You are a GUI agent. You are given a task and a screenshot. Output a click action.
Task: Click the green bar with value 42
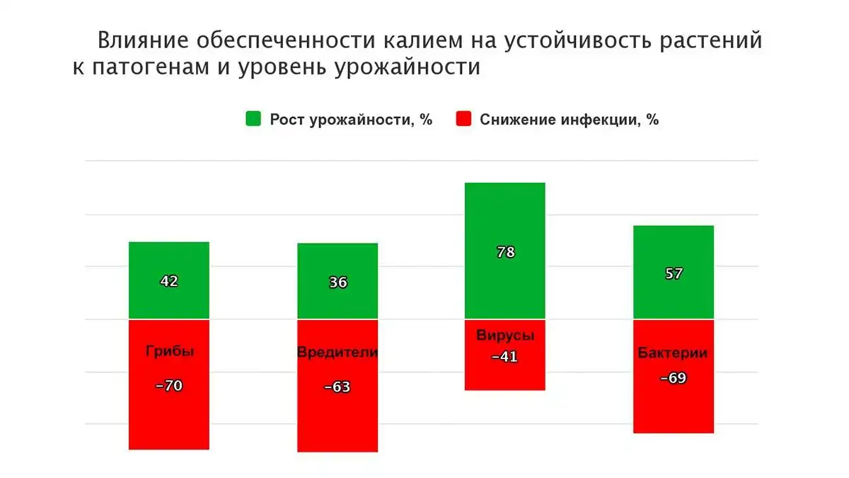click(x=168, y=280)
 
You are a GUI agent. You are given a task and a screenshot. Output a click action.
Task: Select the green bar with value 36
click(x=337, y=281)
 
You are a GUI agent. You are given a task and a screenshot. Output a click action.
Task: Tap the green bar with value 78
click(x=505, y=251)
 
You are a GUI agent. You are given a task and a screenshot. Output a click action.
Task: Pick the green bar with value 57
click(x=674, y=273)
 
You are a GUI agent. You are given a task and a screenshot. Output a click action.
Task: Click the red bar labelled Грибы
click(x=168, y=385)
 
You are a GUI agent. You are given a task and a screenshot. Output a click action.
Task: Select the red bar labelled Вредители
click(x=337, y=386)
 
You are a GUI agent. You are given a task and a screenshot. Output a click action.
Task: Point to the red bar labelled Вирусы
click(x=505, y=355)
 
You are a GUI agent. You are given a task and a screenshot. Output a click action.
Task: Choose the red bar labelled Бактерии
click(x=674, y=376)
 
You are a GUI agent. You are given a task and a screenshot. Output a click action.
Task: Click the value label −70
click(x=169, y=385)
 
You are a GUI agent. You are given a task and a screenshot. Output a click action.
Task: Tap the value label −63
click(x=337, y=387)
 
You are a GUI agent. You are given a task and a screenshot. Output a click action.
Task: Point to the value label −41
click(x=504, y=356)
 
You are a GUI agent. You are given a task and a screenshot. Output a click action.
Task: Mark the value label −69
click(x=673, y=378)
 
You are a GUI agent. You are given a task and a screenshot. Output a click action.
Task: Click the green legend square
click(x=253, y=118)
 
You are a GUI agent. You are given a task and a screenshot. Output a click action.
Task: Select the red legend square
click(x=463, y=118)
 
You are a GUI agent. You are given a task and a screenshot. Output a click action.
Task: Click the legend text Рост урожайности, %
click(x=351, y=120)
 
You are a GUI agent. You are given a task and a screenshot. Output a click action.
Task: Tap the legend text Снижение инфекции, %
click(x=570, y=120)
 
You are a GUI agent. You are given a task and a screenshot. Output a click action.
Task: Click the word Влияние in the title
click(x=143, y=40)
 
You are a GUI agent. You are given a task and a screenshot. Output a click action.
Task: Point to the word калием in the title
click(x=423, y=40)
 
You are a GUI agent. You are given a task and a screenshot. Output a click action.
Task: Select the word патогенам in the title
click(x=151, y=67)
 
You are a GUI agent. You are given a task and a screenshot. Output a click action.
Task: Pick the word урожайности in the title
click(x=408, y=67)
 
